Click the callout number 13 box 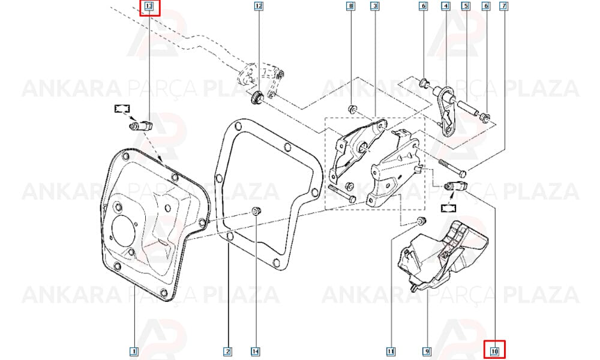(x=149, y=7)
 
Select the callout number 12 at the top (x=259, y=6)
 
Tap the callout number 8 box (x=350, y=6)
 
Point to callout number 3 (x=375, y=6)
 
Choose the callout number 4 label (x=445, y=6)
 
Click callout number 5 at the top (x=466, y=6)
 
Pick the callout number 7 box (x=504, y=6)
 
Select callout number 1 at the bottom (x=134, y=351)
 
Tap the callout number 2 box (x=228, y=351)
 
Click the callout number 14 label (x=256, y=351)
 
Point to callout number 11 (x=391, y=351)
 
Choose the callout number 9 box (x=427, y=351)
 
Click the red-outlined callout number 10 (x=494, y=350)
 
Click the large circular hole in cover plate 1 (x=124, y=230)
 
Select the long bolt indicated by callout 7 (x=452, y=167)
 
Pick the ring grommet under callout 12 (x=256, y=97)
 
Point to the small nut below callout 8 (x=352, y=109)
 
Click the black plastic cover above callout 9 (x=444, y=256)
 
